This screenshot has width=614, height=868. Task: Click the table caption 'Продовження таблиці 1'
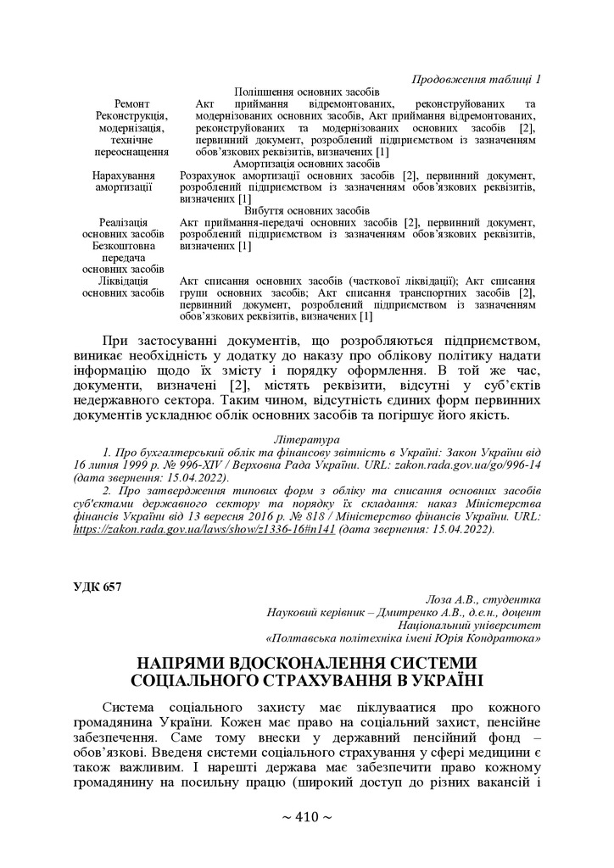476,79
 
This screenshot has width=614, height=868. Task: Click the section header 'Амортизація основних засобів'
306,163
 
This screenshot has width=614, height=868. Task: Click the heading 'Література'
306,440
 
